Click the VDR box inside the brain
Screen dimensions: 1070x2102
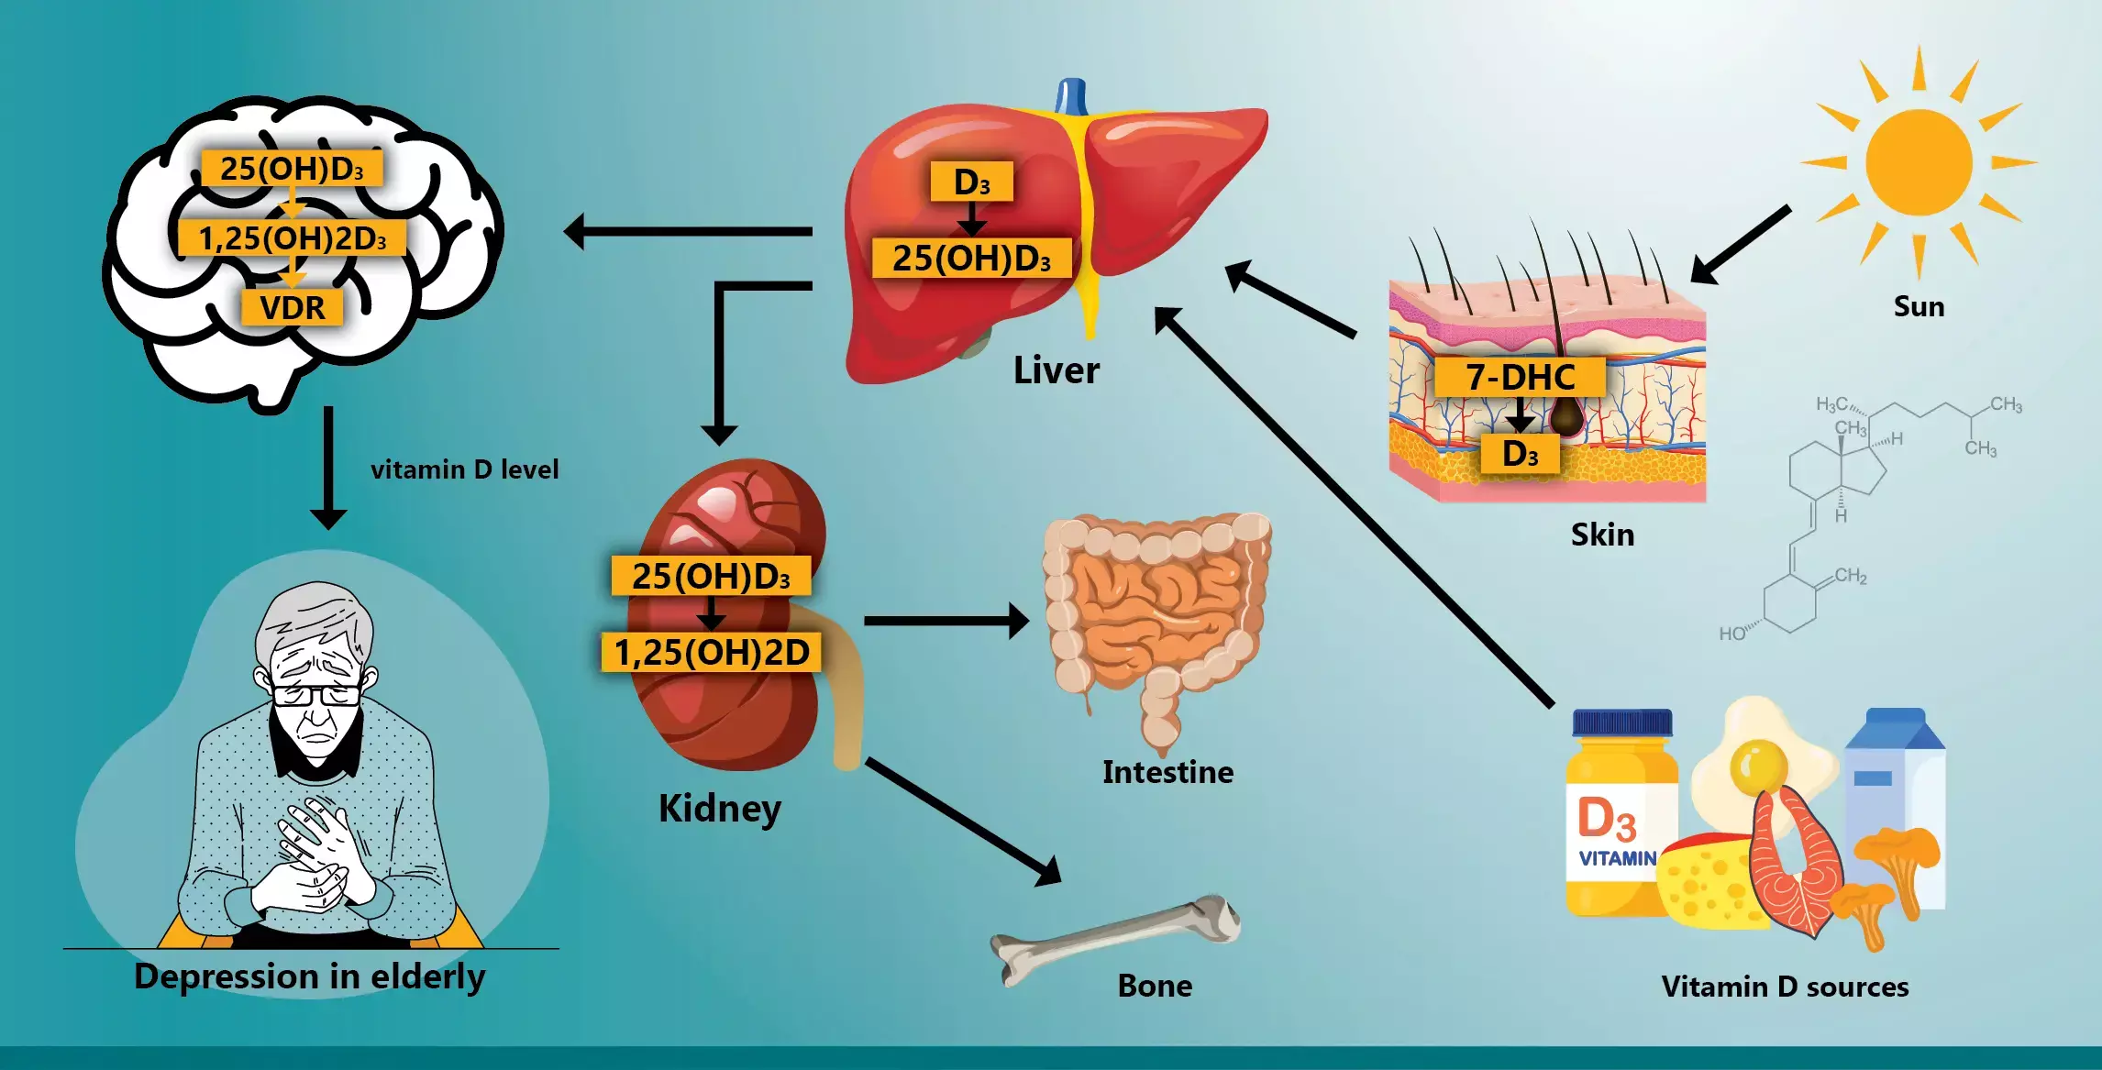[x=292, y=307]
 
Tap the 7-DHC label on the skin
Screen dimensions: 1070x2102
[x=1520, y=377]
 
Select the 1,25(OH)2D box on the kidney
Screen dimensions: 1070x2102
[x=711, y=652]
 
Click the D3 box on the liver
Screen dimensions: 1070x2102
[x=971, y=182]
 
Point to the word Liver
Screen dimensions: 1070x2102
[x=1056, y=370]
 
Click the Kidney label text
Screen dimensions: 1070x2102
[x=720, y=809]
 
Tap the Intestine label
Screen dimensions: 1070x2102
[x=1167, y=772]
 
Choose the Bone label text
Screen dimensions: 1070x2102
[x=1155, y=986]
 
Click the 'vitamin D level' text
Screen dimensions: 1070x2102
[x=464, y=469]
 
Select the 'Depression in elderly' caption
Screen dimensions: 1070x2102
[x=310, y=976]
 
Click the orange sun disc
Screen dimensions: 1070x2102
[x=1918, y=162]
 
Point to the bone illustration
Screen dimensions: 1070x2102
[x=1114, y=935]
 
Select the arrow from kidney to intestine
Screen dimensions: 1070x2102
[x=945, y=621]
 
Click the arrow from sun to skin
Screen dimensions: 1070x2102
[x=1740, y=245]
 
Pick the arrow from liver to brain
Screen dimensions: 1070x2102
[x=688, y=232]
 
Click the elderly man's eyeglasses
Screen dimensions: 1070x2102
[x=316, y=694]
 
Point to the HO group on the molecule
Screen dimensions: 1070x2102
[x=1731, y=634]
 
